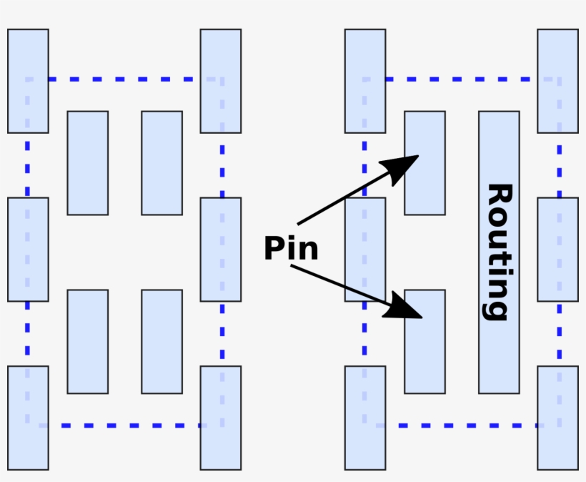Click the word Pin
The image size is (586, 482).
click(x=290, y=249)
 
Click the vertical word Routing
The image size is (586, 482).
click(x=499, y=252)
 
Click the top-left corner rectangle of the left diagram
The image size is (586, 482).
click(x=28, y=81)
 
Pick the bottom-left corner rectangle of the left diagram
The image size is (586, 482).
click(x=28, y=418)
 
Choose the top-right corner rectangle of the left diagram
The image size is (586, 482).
click(x=220, y=81)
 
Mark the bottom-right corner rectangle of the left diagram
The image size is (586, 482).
click(x=220, y=418)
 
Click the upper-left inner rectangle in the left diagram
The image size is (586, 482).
click(x=88, y=163)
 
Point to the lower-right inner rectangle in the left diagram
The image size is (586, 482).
click(x=162, y=342)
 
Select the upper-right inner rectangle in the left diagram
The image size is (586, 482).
click(x=162, y=163)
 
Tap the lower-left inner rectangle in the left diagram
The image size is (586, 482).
click(x=88, y=342)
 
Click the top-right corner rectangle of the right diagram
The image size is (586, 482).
click(x=557, y=81)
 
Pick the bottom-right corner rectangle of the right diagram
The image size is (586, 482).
click(x=557, y=418)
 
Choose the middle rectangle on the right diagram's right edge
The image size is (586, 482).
click(x=557, y=249)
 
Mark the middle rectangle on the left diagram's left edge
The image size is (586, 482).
click(x=28, y=249)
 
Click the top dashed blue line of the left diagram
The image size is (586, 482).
click(x=125, y=79)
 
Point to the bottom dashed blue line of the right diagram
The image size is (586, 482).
click(x=461, y=426)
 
